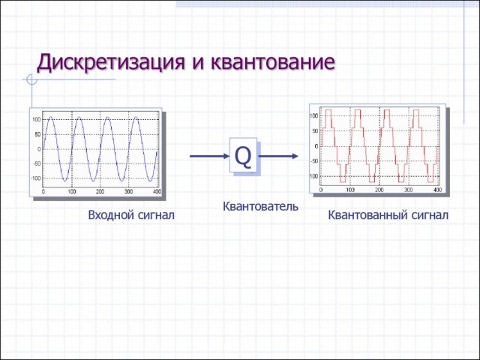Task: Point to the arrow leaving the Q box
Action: pyautogui.click(x=280, y=156)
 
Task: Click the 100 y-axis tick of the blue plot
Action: pyautogui.click(x=37, y=120)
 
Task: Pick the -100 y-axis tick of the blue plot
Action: pyautogui.click(x=36, y=178)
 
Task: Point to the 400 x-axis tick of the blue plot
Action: pyautogui.click(x=157, y=193)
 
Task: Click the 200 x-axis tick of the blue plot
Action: pyautogui.click(x=101, y=193)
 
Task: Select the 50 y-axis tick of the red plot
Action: pyautogui.click(x=315, y=130)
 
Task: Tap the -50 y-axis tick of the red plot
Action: pyautogui.click(x=314, y=160)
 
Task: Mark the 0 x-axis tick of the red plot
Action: pyautogui.click(x=321, y=190)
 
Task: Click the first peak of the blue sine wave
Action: pyautogui.click(x=50, y=117)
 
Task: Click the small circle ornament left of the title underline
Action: pyautogui.click(x=31, y=79)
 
